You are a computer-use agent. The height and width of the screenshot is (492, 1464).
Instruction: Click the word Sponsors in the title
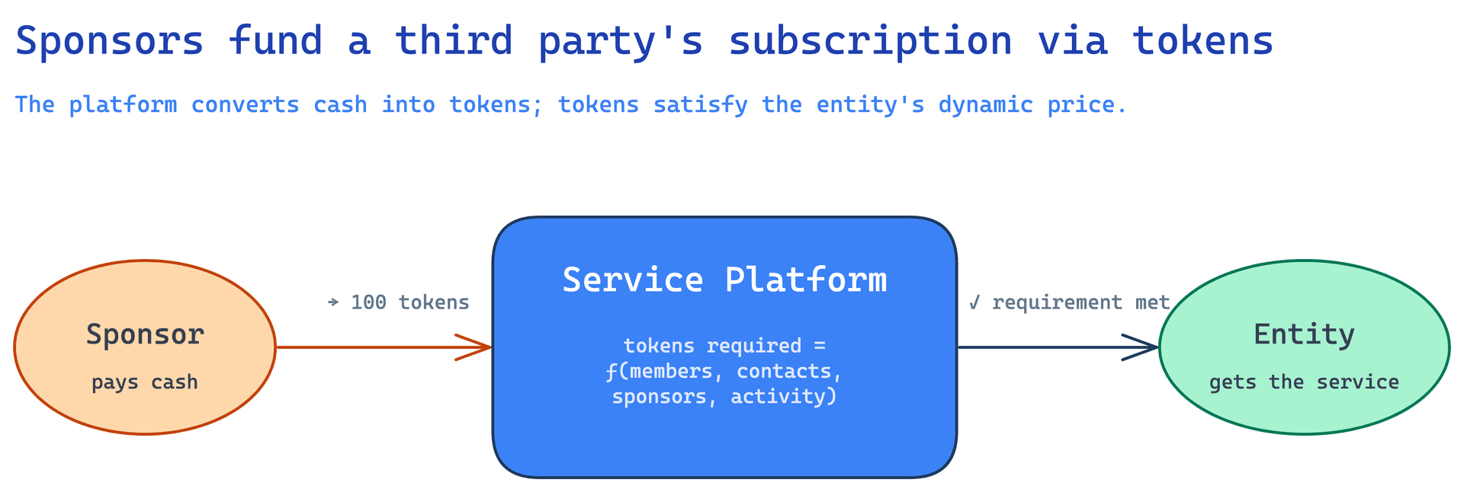tap(110, 41)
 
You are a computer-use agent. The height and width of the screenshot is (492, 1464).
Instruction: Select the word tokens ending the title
tap(1203, 41)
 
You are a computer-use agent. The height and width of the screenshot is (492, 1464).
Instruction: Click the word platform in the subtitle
tap(123, 105)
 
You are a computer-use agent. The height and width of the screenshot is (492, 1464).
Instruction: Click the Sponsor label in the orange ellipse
tap(145, 335)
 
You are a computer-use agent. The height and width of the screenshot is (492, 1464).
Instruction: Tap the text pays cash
tap(145, 382)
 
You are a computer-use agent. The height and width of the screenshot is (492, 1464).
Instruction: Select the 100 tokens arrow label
tap(410, 302)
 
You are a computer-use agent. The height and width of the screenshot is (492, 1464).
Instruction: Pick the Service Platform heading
tap(724, 280)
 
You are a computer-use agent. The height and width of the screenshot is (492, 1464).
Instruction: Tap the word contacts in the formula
tap(785, 372)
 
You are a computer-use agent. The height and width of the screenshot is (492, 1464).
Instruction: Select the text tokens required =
tap(724, 346)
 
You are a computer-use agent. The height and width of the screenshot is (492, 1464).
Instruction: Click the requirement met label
tap(1080, 302)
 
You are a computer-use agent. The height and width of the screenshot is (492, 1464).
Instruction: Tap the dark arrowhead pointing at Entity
tap(1141, 347)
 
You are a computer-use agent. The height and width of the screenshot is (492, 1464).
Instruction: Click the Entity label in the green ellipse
tap(1304, 335)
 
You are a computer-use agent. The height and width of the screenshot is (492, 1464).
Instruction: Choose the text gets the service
tap(1304, 382)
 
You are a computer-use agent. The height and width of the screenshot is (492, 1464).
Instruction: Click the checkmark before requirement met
tap(974, 302)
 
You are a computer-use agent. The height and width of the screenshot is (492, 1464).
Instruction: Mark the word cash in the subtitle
tap(340, 105)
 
